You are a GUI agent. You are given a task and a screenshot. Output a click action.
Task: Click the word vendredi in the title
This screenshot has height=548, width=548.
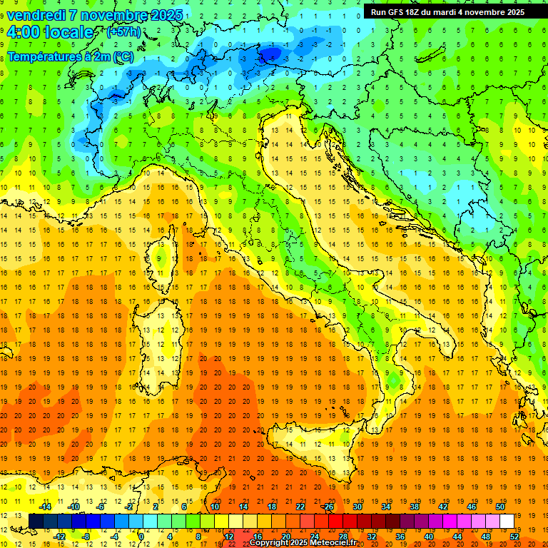pyautogui.click(x=36, y=14)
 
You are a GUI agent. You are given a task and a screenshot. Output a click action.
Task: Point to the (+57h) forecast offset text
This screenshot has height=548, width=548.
pyautogui.click(x=123, y=32)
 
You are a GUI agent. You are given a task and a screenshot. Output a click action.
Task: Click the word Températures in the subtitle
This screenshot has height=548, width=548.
pyautogui.click(x=44, y=56)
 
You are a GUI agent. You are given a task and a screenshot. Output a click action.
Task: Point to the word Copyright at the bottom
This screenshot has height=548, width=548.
pyautogui.click(x=269, y=543)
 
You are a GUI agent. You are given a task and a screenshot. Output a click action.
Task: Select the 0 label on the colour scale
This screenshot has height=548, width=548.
pyautogui.click(x=141, y=537)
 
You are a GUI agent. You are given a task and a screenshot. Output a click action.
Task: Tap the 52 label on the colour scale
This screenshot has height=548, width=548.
pyautogui.click(x=514, y=537)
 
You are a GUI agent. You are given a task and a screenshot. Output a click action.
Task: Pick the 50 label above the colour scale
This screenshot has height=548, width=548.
pyautogui.click(x=499, y=507)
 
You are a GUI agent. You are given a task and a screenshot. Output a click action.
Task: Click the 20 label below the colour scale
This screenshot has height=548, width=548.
pyautogui.click(x=286, y=537)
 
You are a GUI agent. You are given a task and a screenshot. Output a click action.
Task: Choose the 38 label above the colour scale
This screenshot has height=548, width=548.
pyautogui.click(x=414, y=507)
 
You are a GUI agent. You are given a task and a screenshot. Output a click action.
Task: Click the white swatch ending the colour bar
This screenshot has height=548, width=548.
pyautogui.click(x=507, y=521)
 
